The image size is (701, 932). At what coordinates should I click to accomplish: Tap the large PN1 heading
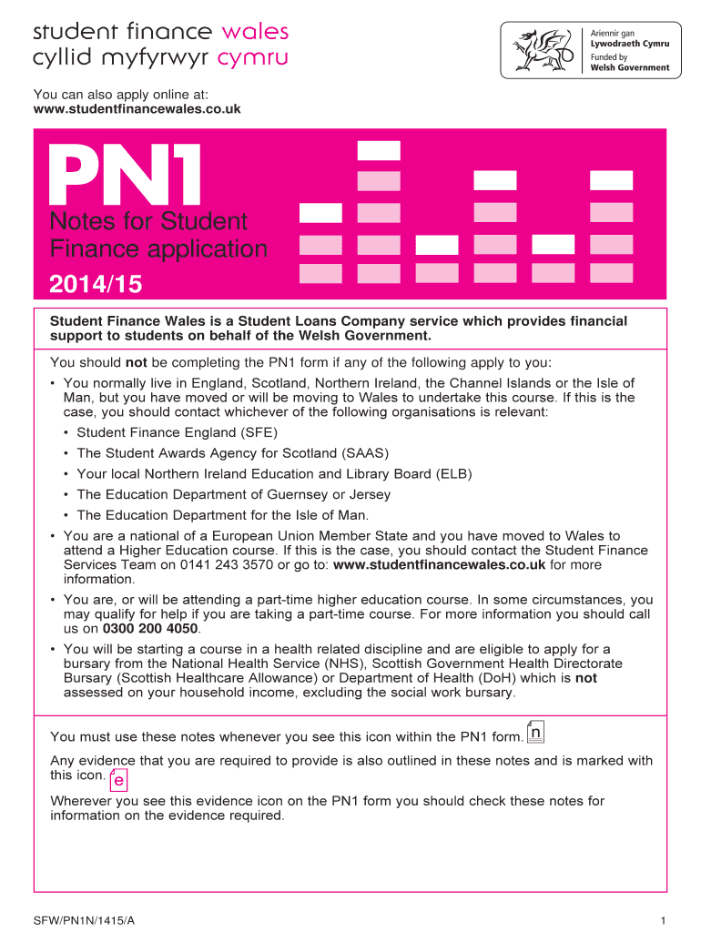coord(127,178)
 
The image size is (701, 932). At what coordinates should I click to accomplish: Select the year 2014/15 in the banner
coord(96,285)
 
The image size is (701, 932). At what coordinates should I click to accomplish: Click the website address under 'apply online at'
coord(137,109)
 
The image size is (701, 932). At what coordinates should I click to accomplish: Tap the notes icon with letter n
coord(535,734)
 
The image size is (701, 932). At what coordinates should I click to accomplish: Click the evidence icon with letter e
coord(118,779)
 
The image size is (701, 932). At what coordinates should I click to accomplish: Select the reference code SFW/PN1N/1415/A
coord(84,921)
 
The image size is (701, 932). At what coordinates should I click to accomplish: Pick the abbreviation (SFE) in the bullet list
coord(259,432)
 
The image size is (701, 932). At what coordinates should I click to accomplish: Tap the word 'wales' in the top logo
coord(255,32)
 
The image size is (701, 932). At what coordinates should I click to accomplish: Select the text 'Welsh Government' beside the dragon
coord(630,67)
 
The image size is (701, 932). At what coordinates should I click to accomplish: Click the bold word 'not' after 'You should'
coord(136,362)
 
